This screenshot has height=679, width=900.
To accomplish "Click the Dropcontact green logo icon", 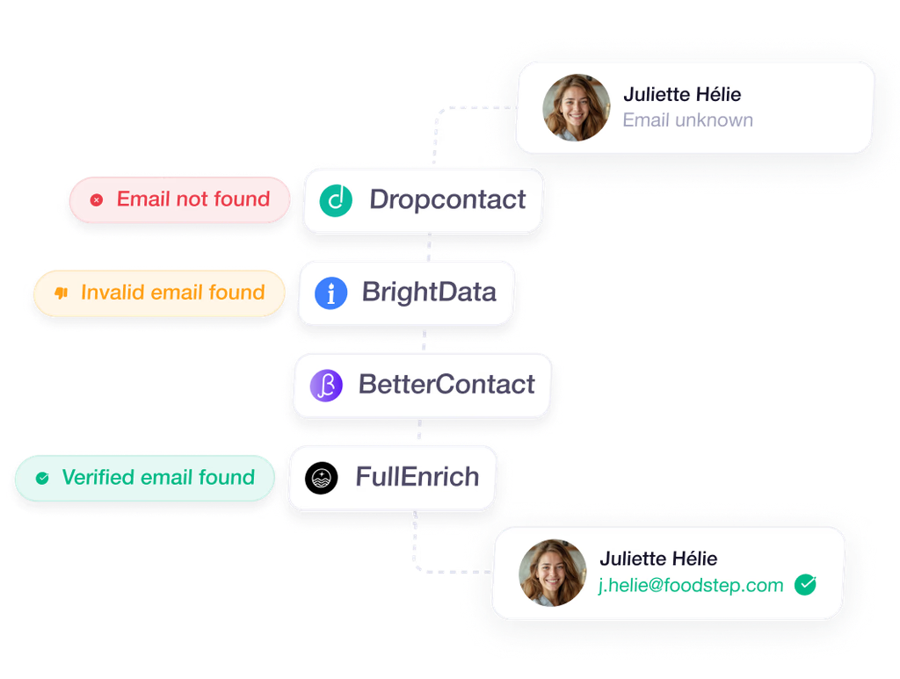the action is (336, 201).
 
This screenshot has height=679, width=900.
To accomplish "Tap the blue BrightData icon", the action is (331, 293).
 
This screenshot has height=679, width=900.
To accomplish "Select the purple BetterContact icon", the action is (327, 386).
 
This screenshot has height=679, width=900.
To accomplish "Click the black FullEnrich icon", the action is (322, 478).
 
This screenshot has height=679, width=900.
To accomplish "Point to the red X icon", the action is (97, 199).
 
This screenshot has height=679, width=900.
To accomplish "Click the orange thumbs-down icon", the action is (61, 293).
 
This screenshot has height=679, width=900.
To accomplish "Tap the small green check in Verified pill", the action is (42, 478).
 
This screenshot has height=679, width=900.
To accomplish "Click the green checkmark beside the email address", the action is (805, 584).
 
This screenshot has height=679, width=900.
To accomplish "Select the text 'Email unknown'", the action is (687, 119).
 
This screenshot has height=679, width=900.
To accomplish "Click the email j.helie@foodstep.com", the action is (691, 585).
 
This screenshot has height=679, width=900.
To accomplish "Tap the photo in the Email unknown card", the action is (577, 107).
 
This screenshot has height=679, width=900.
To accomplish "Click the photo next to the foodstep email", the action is (553, 573).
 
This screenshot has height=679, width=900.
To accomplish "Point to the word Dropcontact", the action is (447, 199).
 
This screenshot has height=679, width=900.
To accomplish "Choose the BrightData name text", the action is (429, 292).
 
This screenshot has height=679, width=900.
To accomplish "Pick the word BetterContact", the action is (446, 384).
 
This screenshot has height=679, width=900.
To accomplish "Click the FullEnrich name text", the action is (417, 477).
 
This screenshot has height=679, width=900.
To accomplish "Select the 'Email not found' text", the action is (193, 199).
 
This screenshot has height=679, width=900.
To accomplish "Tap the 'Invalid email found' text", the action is (173, 293).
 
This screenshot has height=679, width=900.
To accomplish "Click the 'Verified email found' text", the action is (158, 477).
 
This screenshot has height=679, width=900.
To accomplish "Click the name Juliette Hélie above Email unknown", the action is (682, 94).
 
